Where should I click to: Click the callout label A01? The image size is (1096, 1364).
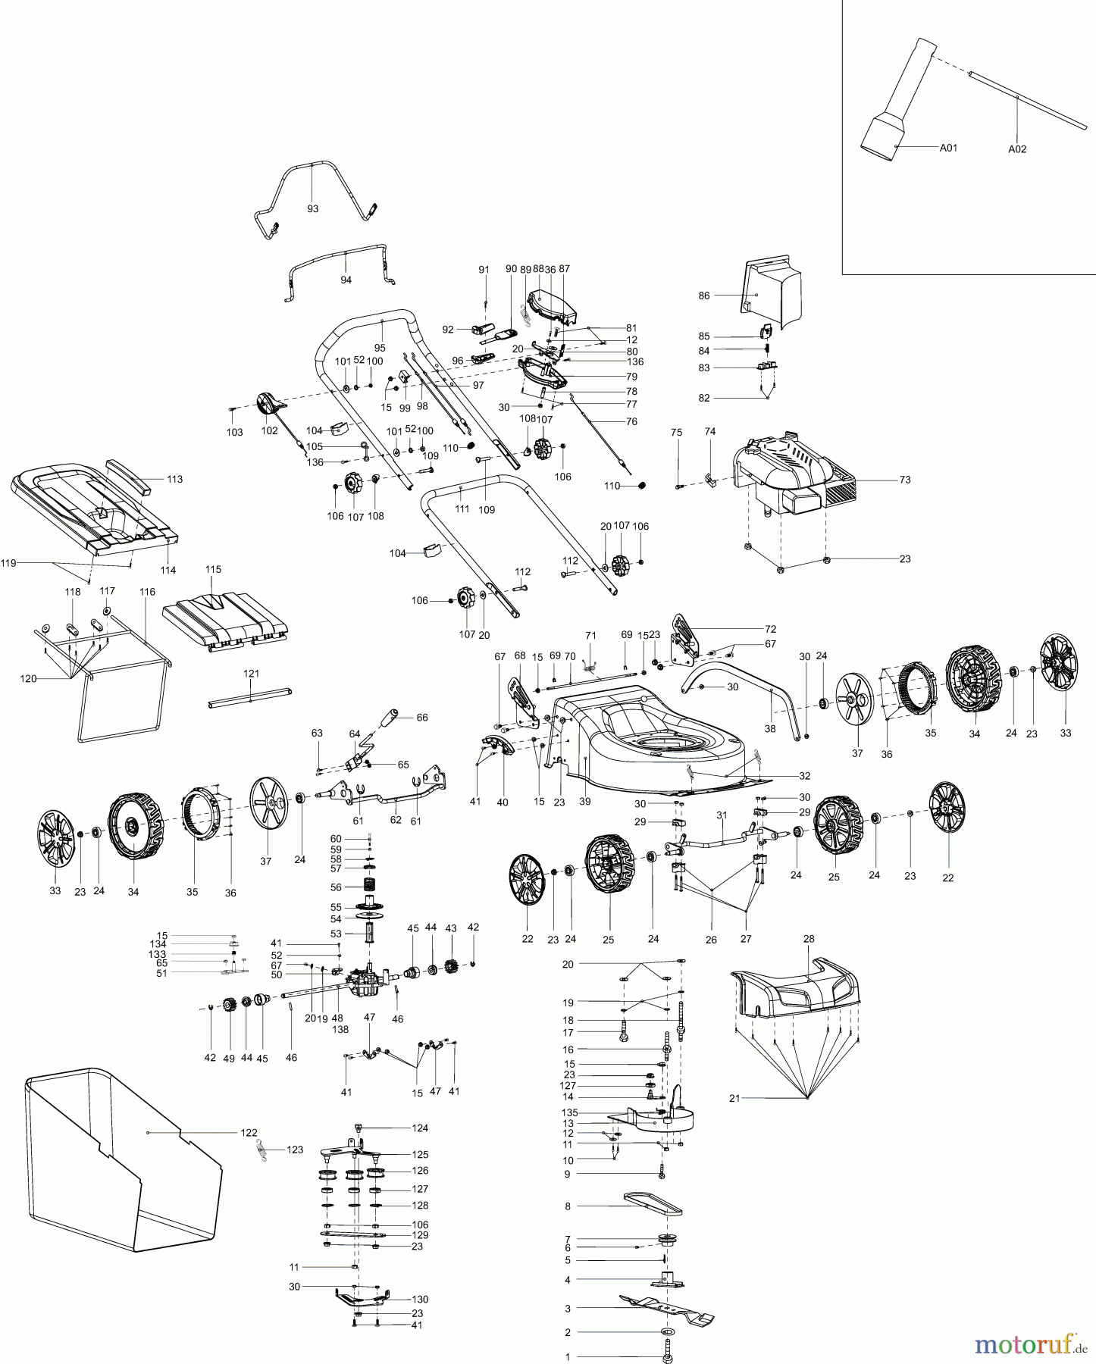(948, 148)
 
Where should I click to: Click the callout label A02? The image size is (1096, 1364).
(1016, 149)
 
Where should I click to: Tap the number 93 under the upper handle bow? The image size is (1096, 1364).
(312, 208)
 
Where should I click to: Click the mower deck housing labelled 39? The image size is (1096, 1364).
(652, 735)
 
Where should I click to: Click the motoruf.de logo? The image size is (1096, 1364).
(1029, 1346)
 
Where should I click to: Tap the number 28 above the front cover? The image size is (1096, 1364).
(809, 938)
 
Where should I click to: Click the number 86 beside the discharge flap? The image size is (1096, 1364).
(704, 296)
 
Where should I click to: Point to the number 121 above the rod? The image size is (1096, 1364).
(251, 673)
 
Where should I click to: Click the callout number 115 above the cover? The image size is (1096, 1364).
(213, 568)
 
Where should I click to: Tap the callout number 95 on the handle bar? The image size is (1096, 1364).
(380, 348)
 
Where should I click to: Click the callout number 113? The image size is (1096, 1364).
(174, 479)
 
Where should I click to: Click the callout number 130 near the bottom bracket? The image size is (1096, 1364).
(419, 1299)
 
